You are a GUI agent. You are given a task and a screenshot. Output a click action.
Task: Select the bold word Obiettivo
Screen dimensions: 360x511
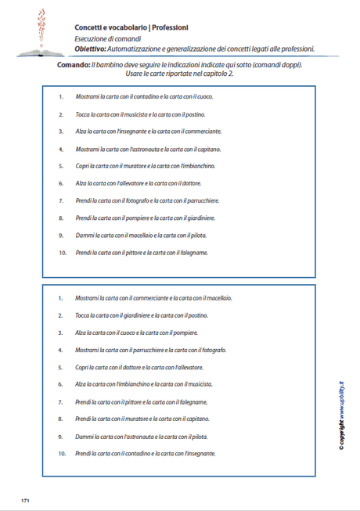92,49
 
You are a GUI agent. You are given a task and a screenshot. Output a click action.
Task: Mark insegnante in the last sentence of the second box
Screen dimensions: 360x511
200,453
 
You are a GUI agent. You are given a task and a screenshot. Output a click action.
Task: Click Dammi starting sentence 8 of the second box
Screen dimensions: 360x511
83,436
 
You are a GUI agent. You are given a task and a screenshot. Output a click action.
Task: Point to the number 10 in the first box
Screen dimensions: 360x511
62,253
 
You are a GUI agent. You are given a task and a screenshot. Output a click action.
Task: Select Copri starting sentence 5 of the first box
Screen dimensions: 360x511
83,166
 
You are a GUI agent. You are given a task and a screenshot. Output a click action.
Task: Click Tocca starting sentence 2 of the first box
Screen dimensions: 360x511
84,114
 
